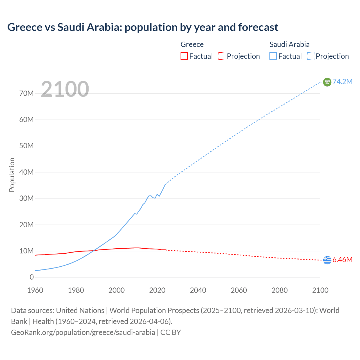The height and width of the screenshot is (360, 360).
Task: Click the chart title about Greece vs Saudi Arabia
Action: [143, 27]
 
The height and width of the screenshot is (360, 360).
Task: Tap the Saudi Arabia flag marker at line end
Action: [327, 82]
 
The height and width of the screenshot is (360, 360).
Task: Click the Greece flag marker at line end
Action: [327, 260]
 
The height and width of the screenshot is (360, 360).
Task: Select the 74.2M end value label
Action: [343, 82]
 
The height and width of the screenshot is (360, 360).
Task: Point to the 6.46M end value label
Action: [343, 260]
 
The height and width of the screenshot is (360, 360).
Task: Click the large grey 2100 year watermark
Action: [65, 89]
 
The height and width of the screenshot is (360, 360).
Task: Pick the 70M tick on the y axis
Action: [26, 93]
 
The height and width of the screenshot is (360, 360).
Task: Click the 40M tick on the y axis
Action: [26, 172]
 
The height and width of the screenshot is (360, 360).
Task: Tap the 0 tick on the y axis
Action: [31, 277]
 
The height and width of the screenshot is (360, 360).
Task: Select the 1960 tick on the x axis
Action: [35, 290]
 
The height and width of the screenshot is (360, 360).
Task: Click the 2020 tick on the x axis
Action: [157, 290]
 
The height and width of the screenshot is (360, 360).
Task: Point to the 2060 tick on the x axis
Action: [239, 290]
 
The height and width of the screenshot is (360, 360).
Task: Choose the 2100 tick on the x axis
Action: [320, 290]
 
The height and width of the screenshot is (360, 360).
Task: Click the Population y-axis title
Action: [12, 175]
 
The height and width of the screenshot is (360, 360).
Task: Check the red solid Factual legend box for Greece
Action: [184, 56]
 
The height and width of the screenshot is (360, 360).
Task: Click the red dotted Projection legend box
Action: [222, 56]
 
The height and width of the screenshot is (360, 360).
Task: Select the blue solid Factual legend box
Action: [273, 56]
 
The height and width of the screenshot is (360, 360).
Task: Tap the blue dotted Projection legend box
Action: [310, 56]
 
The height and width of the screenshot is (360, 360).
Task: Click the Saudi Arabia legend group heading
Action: [289, 44]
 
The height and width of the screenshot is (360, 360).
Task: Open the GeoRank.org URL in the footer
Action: [83, 332]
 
